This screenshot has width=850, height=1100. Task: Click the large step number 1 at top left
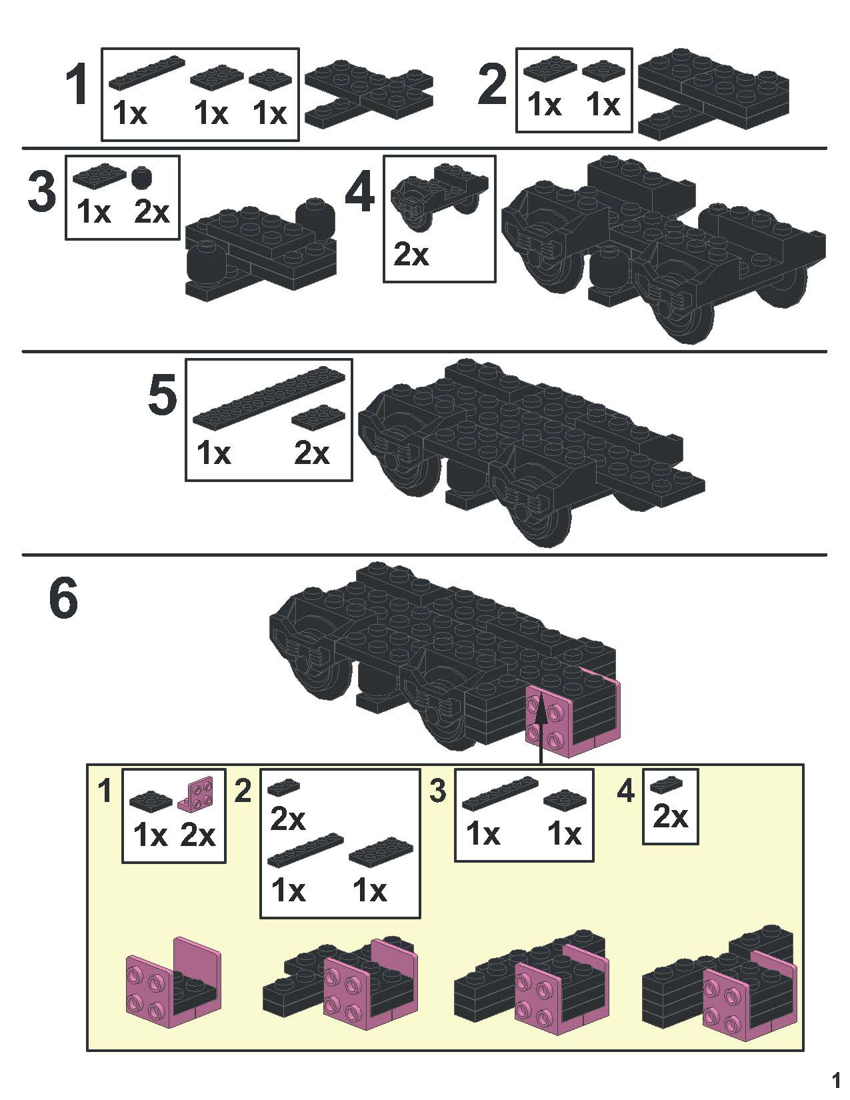coord(77,85)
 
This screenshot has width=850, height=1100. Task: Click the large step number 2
coord(491,85)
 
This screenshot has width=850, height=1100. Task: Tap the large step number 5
coord(162,393)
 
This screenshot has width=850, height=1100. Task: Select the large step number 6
coord(64,598)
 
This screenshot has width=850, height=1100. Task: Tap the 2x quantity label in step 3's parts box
coord(152,212)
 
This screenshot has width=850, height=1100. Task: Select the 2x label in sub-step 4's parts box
coord(670,816)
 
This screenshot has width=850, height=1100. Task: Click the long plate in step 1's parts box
coord(147,73)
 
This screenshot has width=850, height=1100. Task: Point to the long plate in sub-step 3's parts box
coord(501,793)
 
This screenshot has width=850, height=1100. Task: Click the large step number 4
coord(360,192)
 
